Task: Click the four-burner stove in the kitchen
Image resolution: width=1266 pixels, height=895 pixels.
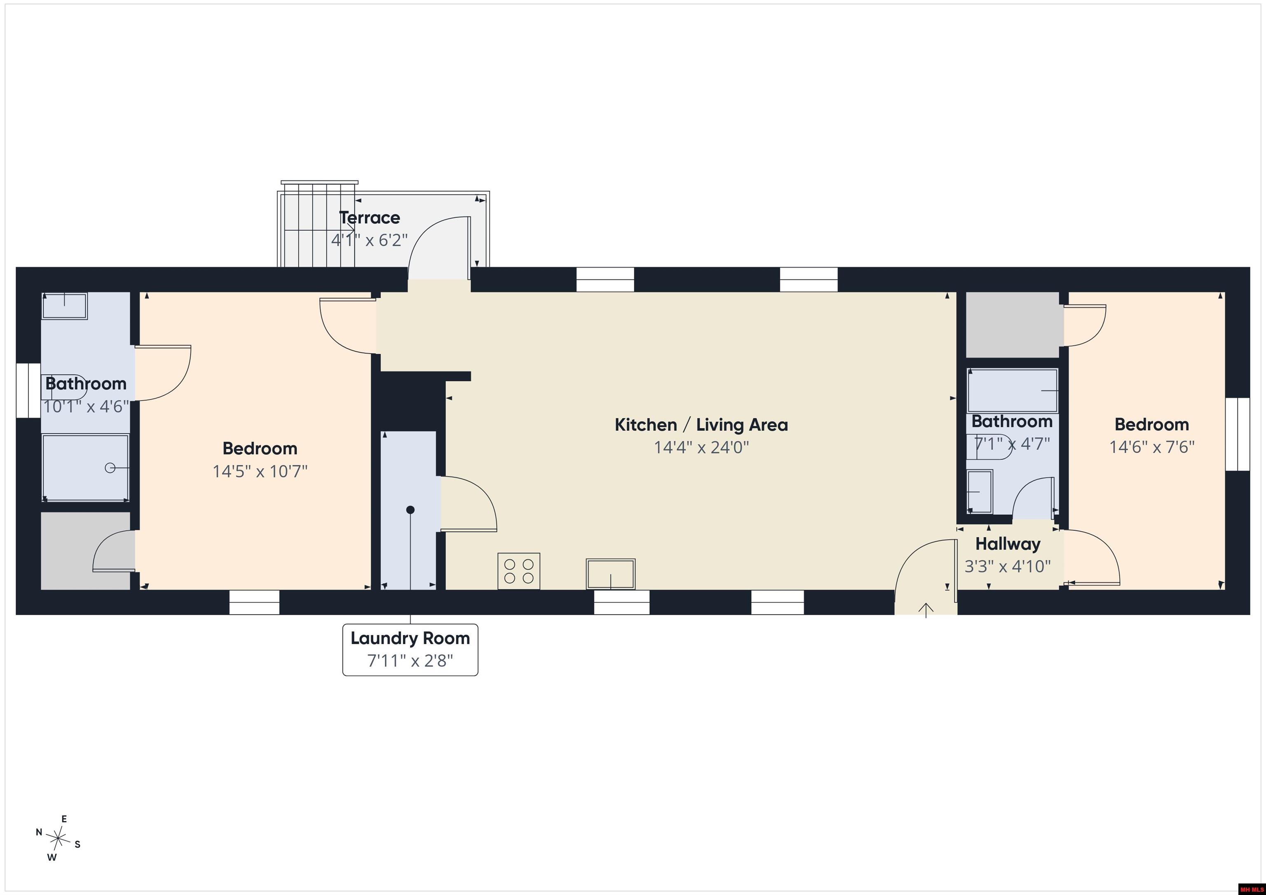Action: pyautogui.click(x=518, y=571)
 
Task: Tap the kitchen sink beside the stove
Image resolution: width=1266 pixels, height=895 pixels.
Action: pyautogui.click(x=610, y=574)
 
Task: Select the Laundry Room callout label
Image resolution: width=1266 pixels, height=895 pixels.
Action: pyautogui.click(x=410, y=649)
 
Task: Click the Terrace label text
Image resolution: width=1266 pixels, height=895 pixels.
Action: pyautogui.click(x=369, y=218)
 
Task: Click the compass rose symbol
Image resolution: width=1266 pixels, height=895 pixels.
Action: pyautogui.click(x=57, y=839)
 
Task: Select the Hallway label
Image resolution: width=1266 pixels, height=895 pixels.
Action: pyautogui.click(x=1008, y=544)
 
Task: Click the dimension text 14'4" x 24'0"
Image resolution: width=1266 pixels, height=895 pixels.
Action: pyautogui.click(x=701, y=447)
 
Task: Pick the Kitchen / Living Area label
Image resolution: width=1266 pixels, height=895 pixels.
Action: pyautogui.click(x=701, y=425)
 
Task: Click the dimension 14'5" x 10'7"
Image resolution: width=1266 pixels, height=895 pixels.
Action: pyautogui.click(x=260, y=471)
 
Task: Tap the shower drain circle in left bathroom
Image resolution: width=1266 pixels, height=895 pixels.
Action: pyautogui.click(x=110, y=468)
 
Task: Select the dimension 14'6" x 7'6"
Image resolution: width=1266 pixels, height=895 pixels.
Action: pyautogui.click(x=1152, y=447)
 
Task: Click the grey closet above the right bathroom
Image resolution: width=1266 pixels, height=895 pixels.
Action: pyautogui.click(x=1013, y=325)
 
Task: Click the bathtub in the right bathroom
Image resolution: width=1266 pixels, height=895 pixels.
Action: pyautogui.click(x=1013, y=391)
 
